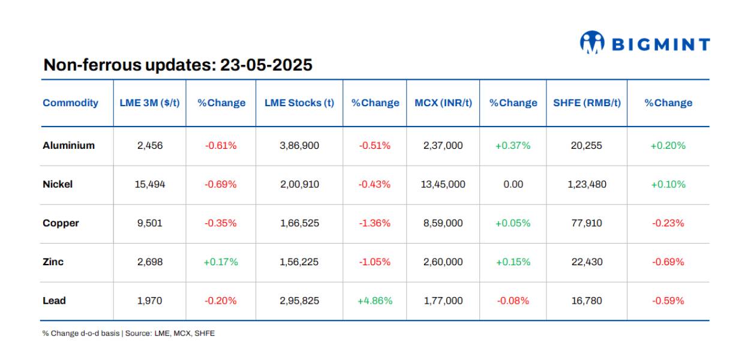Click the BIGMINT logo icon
(591, 43)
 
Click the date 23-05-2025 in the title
(266, 65)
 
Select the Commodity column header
(70, 103)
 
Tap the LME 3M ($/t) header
(149, 103)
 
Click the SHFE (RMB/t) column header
(587, 103)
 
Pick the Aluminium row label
(68, 145)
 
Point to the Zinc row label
(53, 262)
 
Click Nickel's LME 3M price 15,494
(149, 184)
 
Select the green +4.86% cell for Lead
(375, 301)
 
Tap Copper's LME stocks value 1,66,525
(299, 223)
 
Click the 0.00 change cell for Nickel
(513, 184)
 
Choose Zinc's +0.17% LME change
(221, 262)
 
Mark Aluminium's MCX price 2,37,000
(443, 145)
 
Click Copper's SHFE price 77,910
(587, 223)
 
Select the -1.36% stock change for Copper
(375, 223)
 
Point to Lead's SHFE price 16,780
(587, 301)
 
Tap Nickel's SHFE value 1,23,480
(587, 184)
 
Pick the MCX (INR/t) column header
(443, 103)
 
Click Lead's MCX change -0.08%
(513, 301)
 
